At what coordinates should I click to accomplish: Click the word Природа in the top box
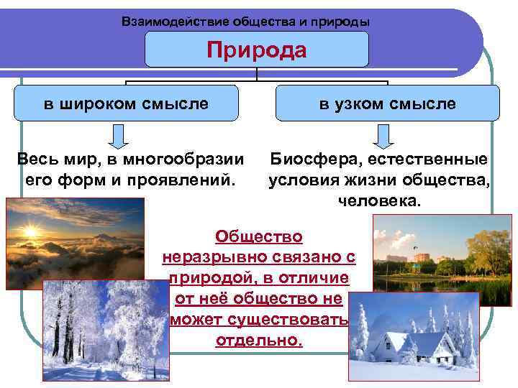[257, 50]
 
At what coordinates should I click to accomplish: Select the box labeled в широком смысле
[126, 103]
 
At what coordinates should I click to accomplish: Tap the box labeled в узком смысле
[388, 103]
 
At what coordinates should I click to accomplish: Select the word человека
[378, 200]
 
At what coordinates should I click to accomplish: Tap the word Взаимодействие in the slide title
[167, 22]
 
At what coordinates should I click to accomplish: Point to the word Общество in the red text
[259, 236]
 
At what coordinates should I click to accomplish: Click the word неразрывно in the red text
[209, 257]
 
